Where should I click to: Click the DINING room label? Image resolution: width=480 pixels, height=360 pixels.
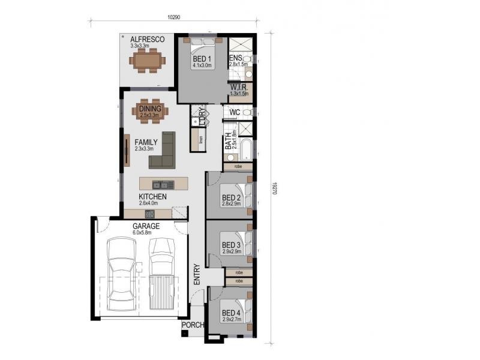150,109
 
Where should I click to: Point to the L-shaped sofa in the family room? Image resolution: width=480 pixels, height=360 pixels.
164,152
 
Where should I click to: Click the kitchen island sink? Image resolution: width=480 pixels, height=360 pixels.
162,184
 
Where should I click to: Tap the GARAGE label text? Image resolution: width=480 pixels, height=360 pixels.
146,226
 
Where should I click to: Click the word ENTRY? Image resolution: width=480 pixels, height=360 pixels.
196,274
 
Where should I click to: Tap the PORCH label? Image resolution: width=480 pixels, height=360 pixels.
193,325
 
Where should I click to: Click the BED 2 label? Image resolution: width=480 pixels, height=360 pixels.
231,197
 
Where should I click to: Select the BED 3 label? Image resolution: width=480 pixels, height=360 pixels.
231,245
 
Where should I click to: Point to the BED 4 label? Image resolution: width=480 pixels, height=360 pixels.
231,313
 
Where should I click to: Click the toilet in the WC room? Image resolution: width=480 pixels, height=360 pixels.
247,113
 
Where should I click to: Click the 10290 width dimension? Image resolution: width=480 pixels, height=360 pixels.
173,17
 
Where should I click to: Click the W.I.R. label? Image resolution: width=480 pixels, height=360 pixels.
238,88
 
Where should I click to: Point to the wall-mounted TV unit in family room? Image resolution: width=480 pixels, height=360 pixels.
127,149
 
